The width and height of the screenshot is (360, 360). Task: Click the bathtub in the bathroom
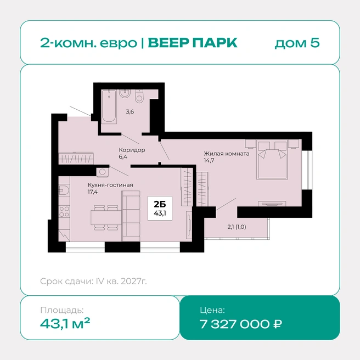click(x=109, y=106)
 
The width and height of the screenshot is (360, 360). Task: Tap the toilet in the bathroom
click(x=139, y=96)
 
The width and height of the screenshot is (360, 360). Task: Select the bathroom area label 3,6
click(x=130, y=112)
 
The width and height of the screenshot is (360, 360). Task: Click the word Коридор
click(x=132, y=150)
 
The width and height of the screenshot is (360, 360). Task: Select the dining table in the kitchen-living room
click(x=106, y=217)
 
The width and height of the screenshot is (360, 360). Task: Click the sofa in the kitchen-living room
click(x=131, y=216)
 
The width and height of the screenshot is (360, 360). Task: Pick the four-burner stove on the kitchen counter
click(x=64, y=212)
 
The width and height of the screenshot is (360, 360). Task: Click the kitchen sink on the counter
click(x=64, y=190)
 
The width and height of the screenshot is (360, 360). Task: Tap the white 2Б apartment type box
click(x=160, y=208)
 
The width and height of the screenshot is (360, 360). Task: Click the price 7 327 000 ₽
click(x=240, y=324)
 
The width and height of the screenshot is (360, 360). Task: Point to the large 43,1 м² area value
click(x=65, y=323)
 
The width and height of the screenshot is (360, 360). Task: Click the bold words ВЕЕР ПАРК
click(x=193, y=43)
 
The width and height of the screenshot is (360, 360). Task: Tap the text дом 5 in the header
click(x=297, y=43)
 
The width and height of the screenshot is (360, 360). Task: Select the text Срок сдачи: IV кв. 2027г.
click(x=93, y=281)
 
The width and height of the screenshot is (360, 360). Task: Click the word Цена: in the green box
click(x=212, y=310)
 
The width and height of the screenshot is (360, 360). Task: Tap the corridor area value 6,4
click(x=123, y=157)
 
